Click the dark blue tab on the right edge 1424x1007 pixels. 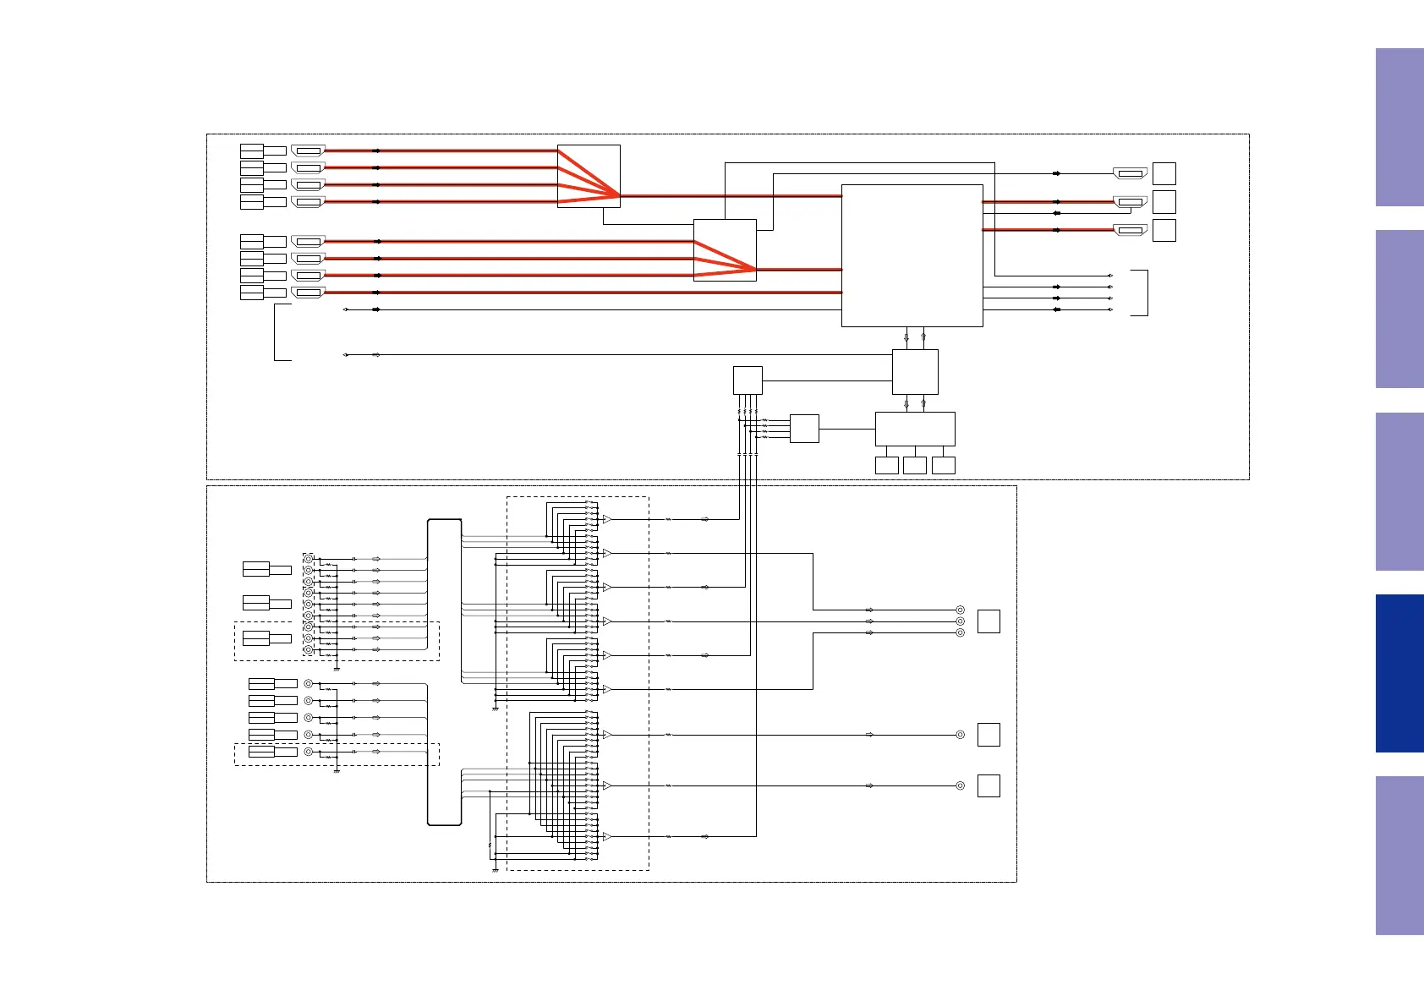(x=1399, y=673)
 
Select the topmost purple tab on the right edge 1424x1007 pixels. (x=1399, y=127)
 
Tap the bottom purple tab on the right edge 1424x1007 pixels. (x=1399, y=855)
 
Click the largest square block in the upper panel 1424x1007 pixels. (x=912, y=255)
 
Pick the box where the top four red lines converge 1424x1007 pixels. (x=589, y=176)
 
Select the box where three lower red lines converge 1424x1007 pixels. (x=725, y=250)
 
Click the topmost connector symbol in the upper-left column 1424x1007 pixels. (x=308, y=151)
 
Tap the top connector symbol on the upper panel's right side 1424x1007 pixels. (x=1130, y=173)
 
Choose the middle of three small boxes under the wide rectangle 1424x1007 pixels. (x=915, y=465)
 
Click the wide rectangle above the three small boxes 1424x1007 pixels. (x=915, y=429)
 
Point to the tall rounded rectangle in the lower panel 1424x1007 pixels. (x=445, y=672)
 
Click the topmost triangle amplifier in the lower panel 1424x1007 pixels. (x=606, y=519)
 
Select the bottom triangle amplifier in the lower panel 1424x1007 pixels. (x=606, y=836)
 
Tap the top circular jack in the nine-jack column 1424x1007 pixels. (x=308, y=559)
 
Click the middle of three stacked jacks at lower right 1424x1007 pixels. (x=960, y=621)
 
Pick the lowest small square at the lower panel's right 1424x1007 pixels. (x=989, y=785)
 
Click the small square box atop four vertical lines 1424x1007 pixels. (x=748, y=380)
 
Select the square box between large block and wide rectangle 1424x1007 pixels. (x=915, y=372)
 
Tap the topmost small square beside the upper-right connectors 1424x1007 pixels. (x=1164, y=173)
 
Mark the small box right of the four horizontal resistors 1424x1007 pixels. (x=804, y=429)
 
